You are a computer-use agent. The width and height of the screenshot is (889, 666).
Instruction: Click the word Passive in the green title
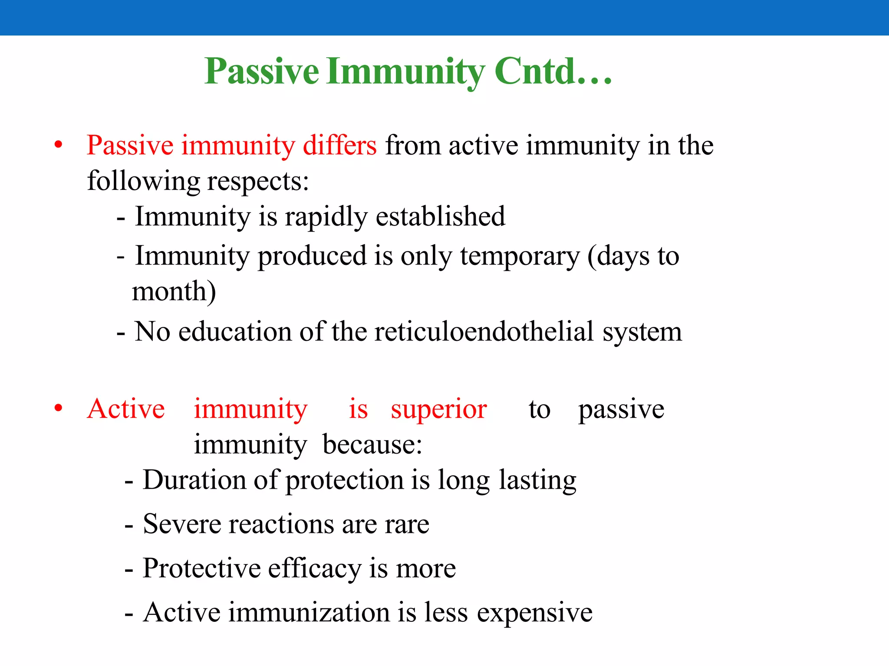[261, 72]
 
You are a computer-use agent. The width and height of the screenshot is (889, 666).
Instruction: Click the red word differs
[339, 145]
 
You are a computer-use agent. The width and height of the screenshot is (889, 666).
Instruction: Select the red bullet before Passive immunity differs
[59, 145]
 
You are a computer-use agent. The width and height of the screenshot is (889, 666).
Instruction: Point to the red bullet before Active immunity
[59, 408]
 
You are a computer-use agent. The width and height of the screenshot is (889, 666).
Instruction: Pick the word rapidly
[326, 217]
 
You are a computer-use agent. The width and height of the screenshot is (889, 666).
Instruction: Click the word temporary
[520, 257]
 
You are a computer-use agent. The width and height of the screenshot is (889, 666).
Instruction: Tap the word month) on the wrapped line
[174, 291]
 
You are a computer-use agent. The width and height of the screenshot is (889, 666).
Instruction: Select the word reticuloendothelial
[484, 332]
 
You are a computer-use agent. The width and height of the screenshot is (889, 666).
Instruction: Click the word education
[235, 332]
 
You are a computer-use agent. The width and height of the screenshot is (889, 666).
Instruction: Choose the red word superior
[438, 409]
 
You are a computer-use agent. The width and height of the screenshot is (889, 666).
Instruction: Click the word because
[372, 445]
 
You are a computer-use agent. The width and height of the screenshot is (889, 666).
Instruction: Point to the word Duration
[194, 480]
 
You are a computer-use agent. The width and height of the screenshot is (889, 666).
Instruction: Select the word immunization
[309, 613]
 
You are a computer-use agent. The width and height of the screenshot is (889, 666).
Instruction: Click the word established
[440, 217]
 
